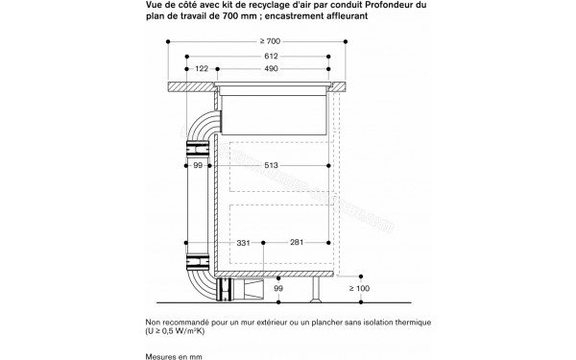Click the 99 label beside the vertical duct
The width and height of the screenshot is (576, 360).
click(198, 167)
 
